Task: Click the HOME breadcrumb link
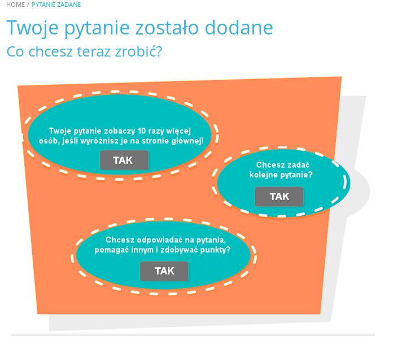click(15, 5)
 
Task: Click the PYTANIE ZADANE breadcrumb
click(56, 5)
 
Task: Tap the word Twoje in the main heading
click(32, 28)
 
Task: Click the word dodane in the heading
click(239, 28)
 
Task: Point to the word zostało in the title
click(167, 28)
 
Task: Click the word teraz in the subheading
click(94, 51)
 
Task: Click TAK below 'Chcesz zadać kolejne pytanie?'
click(279, 197)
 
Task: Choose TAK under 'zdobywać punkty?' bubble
click(164, 271)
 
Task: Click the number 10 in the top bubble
click(142, 131)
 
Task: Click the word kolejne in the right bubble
click(263, 175)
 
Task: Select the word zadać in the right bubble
click(299, 165)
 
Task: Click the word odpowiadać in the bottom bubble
click(160, 240)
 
